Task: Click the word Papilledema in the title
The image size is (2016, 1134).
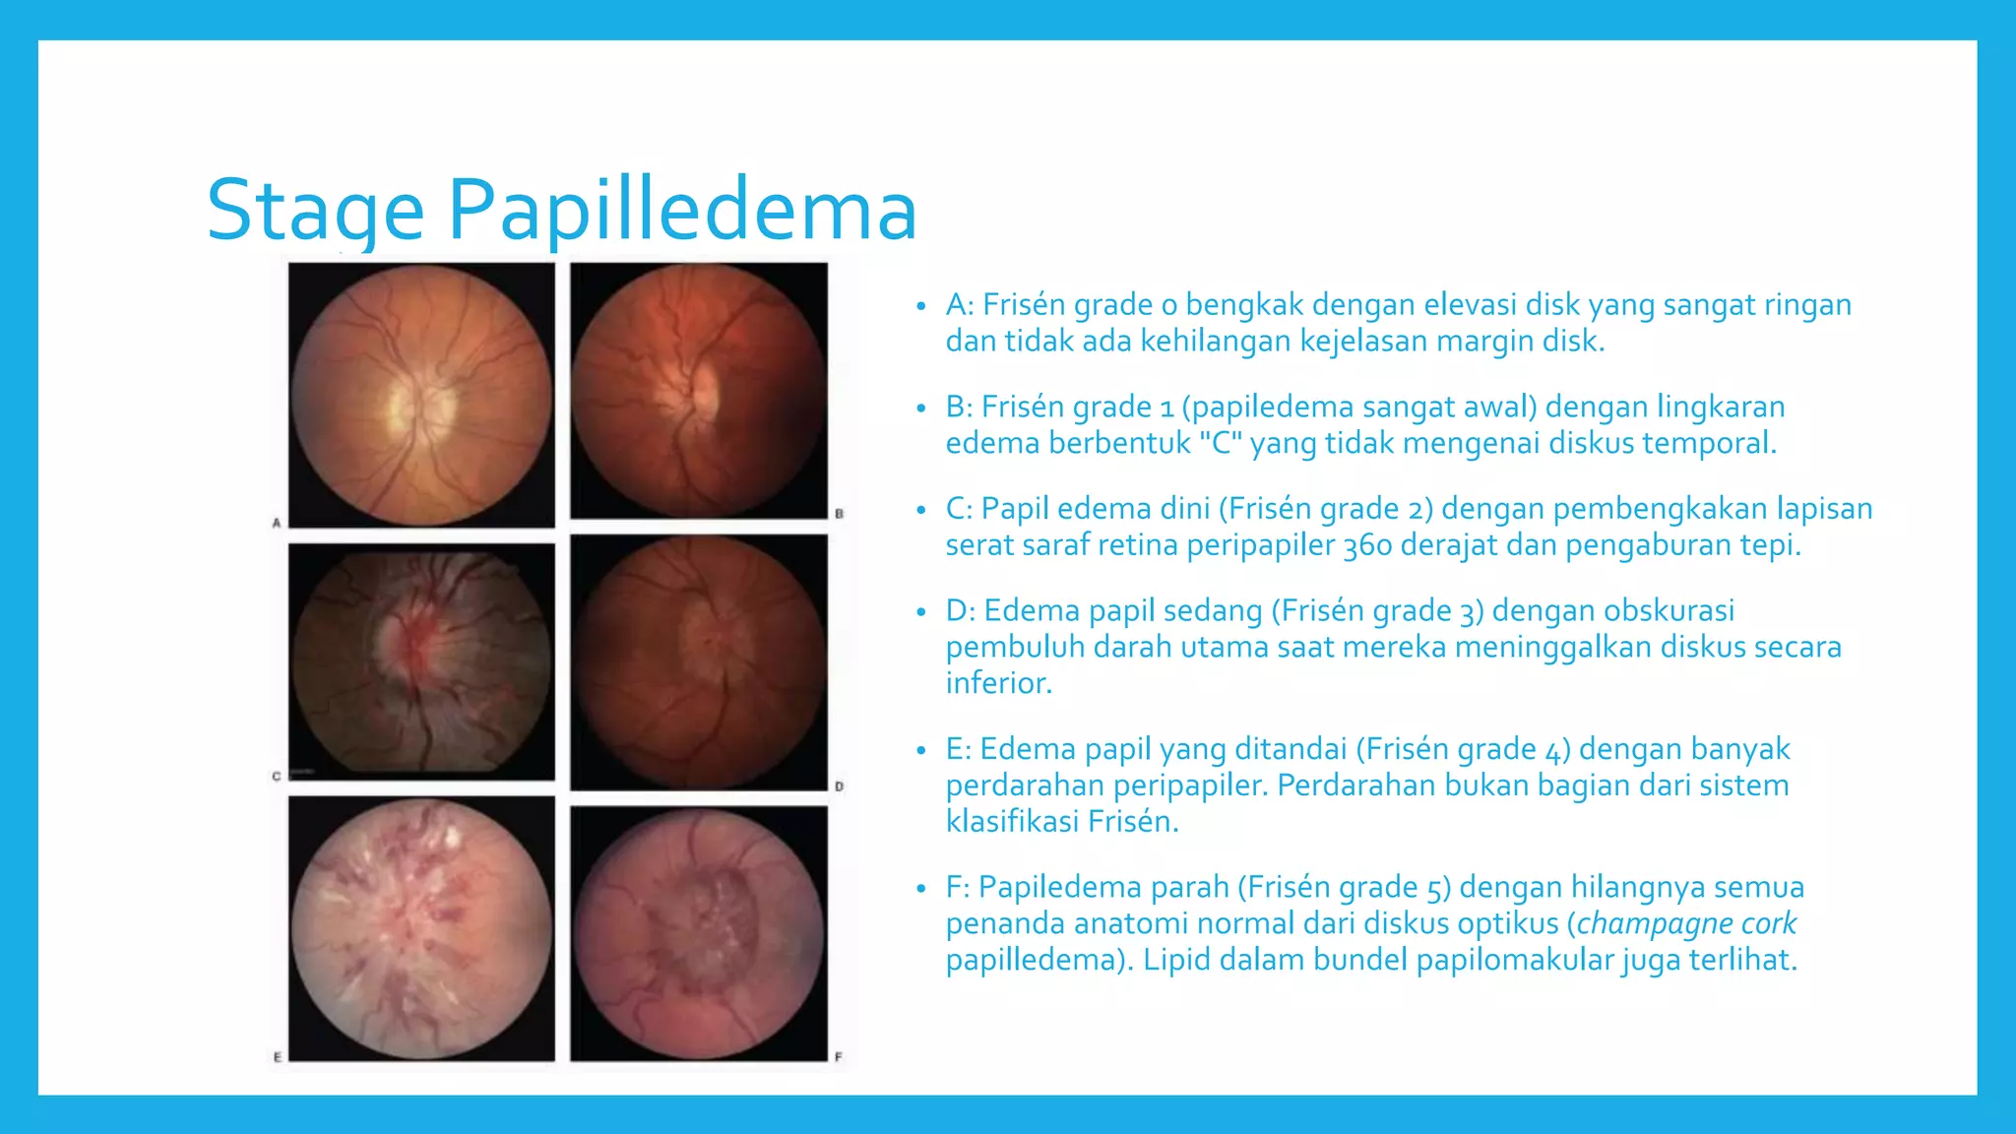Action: (x=682, y=211)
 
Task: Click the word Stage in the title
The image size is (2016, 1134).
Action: (x=315, y=211)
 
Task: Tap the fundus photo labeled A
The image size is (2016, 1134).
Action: (x=421, y=394)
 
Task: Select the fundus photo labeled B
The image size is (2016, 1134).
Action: (x=699, y=391)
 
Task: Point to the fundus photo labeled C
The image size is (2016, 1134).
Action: (x=421, y=661)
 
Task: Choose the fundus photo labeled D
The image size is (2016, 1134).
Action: (x=699, y=662)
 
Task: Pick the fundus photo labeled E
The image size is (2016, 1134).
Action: (x=421, y=928)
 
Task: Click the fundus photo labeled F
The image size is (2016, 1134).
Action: (x=699, y=933)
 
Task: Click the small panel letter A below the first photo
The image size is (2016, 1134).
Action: (x=277, y=523)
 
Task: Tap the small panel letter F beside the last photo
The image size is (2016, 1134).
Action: (x=839, y=1057)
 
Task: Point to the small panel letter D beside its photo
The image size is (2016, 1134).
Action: (x=839, y=787)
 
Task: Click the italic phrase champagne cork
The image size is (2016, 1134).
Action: (x=1686, y=923)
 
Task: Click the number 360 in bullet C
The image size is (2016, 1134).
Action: (x=1369, y=545)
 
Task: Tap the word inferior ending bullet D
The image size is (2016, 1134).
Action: (x=998, y=683)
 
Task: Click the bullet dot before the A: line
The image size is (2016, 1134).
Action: (x=920, y=306)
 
